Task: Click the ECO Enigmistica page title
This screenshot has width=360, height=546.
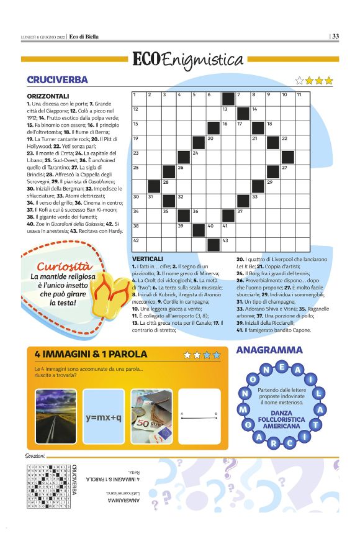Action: point(187,60)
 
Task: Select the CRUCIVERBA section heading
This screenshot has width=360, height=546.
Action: point(57,80)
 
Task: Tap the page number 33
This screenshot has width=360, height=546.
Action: point(335,36)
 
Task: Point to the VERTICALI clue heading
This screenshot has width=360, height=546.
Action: point(148,258)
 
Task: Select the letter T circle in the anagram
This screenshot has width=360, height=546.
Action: point(315,425)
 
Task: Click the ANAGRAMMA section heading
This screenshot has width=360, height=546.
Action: point(268,351)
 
